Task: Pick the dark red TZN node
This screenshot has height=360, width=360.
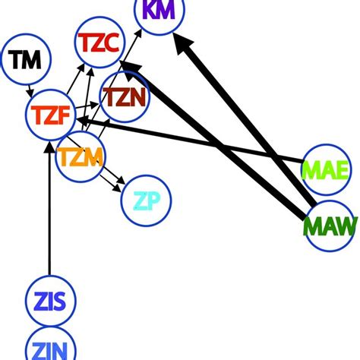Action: (x=125, y=96)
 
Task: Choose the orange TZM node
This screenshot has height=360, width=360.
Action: (x=80, y=157)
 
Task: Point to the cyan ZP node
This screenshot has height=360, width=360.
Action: (x=146, y=201)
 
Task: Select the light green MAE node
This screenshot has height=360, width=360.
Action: (x=324, y=169)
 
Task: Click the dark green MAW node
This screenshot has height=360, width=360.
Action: (x=330, y=226)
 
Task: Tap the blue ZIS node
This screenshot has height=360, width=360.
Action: (x=49, y=302)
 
